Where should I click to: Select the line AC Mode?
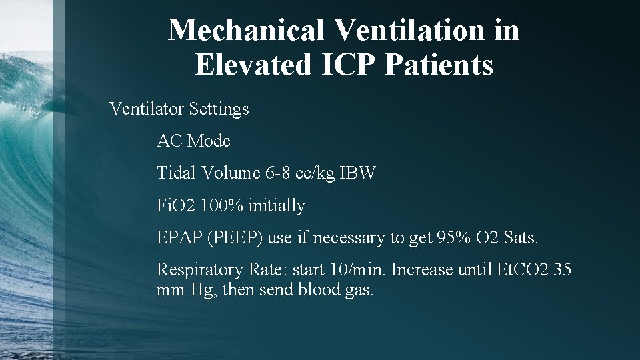click(x=193, y=141)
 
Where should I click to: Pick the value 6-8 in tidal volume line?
click(x=277, y=173)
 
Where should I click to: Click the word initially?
click(x=277, y=207)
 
